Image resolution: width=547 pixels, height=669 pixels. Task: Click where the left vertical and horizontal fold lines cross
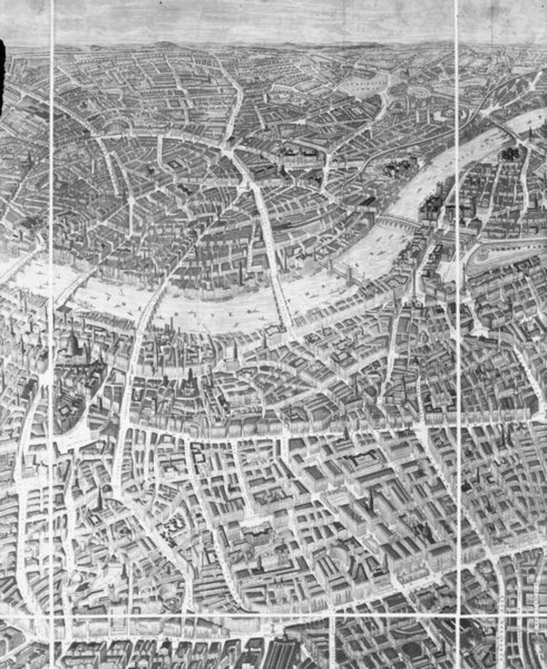point(51,616)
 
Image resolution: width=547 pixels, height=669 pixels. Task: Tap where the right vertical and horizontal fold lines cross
point(457,616)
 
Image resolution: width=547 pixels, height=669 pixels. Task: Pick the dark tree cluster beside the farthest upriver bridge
point(510,154)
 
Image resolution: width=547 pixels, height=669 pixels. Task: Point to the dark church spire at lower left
point(100,500)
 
